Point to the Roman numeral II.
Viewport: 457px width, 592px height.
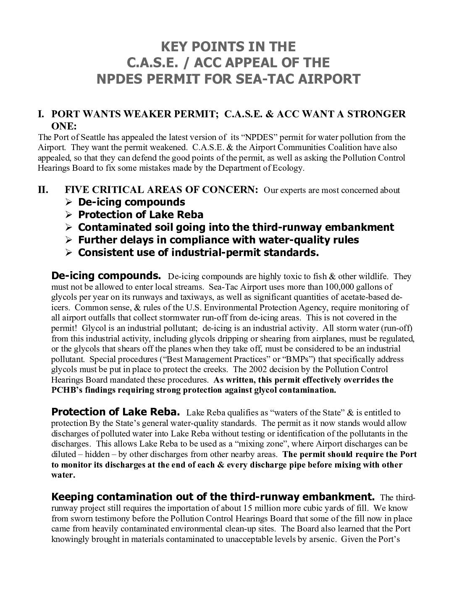(x=43, y=190)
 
